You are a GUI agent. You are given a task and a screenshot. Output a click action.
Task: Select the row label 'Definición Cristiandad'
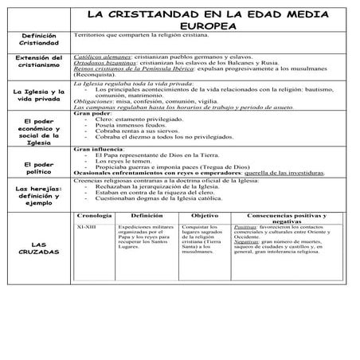pyautogui.click(x=38, y=41)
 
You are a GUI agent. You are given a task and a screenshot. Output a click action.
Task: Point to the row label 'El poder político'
pyautogui.click(x=38, y=169)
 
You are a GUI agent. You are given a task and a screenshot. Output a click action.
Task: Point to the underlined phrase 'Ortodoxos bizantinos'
pyautogui.click(x=101, y=65)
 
